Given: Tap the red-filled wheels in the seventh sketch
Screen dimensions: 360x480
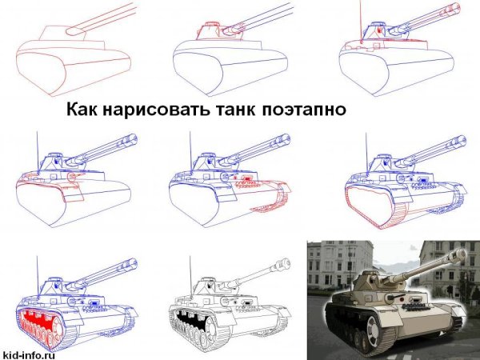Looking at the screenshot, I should point(40,320).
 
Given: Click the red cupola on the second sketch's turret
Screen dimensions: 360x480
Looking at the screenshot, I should point(213,26).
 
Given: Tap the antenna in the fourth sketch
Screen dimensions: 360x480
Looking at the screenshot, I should point(37,148).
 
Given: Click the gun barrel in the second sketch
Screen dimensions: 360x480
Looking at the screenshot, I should point(256,18).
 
